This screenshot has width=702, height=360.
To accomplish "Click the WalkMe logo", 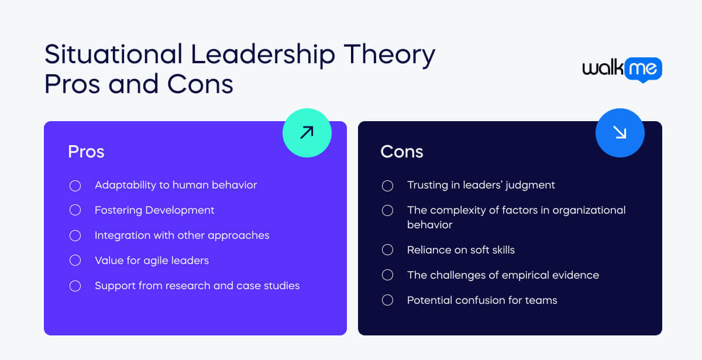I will click(622, 69).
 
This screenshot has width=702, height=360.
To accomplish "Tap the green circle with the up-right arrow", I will click(307, 133).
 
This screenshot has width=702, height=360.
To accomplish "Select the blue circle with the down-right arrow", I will click(620, 133).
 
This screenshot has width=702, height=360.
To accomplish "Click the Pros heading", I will click(86, 152).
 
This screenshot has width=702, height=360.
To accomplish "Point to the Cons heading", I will click(401, 152).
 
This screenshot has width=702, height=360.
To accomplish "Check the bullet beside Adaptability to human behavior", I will click(75, 186).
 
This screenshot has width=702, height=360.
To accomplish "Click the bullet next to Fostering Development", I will click(75, 210).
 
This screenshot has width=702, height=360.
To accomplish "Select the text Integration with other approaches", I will click(182, 235).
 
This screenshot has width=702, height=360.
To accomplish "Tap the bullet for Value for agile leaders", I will click(75, 260).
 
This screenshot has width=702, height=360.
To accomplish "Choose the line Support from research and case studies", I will click(197, 286).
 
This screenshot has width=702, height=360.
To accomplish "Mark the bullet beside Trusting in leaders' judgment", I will click(387, 186).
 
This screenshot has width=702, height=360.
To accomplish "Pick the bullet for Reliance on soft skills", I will click(387, 250).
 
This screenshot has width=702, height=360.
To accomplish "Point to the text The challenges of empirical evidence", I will click(503, 275).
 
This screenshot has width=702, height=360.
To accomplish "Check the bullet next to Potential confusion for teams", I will click(387, 300).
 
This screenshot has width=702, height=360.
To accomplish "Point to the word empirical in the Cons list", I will click(528, 275).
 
